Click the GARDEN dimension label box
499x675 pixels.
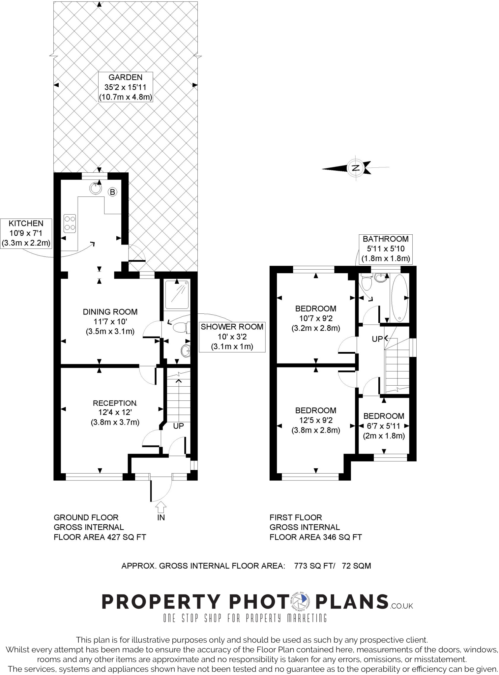point(126,87)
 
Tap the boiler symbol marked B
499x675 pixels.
point(113,192)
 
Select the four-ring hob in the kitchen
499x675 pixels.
point(70,223)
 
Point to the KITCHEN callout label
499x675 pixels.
point(26,233)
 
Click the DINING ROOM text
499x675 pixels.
point(110,312)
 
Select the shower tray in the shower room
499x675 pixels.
point(177,294)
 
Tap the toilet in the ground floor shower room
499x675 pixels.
point(181,328)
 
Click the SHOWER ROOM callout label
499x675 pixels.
point(232,337)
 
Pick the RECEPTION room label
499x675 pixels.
point(115,403)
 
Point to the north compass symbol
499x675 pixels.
point(355,168)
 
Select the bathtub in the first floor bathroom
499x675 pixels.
point(399,298)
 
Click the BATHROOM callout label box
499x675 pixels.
point(386,249)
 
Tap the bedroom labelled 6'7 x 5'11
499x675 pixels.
point(384,426)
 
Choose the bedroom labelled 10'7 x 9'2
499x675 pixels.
point(315,318)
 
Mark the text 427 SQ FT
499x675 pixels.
point(127,537)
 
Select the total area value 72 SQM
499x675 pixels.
point(356,566)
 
